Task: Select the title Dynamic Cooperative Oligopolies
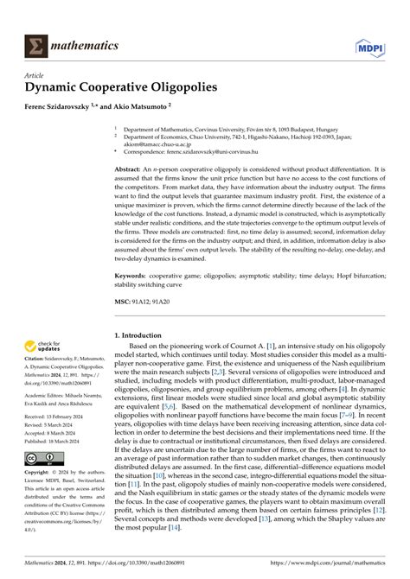point(119,86)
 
